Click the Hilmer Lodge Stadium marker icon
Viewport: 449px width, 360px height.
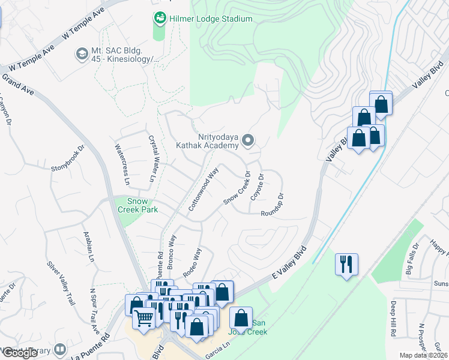160,19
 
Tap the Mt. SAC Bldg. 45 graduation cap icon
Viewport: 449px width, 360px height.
81,55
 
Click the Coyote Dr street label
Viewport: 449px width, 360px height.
257,188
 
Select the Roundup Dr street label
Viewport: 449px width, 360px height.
276,204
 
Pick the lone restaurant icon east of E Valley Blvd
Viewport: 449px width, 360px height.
346,264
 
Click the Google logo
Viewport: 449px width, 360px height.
20,353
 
